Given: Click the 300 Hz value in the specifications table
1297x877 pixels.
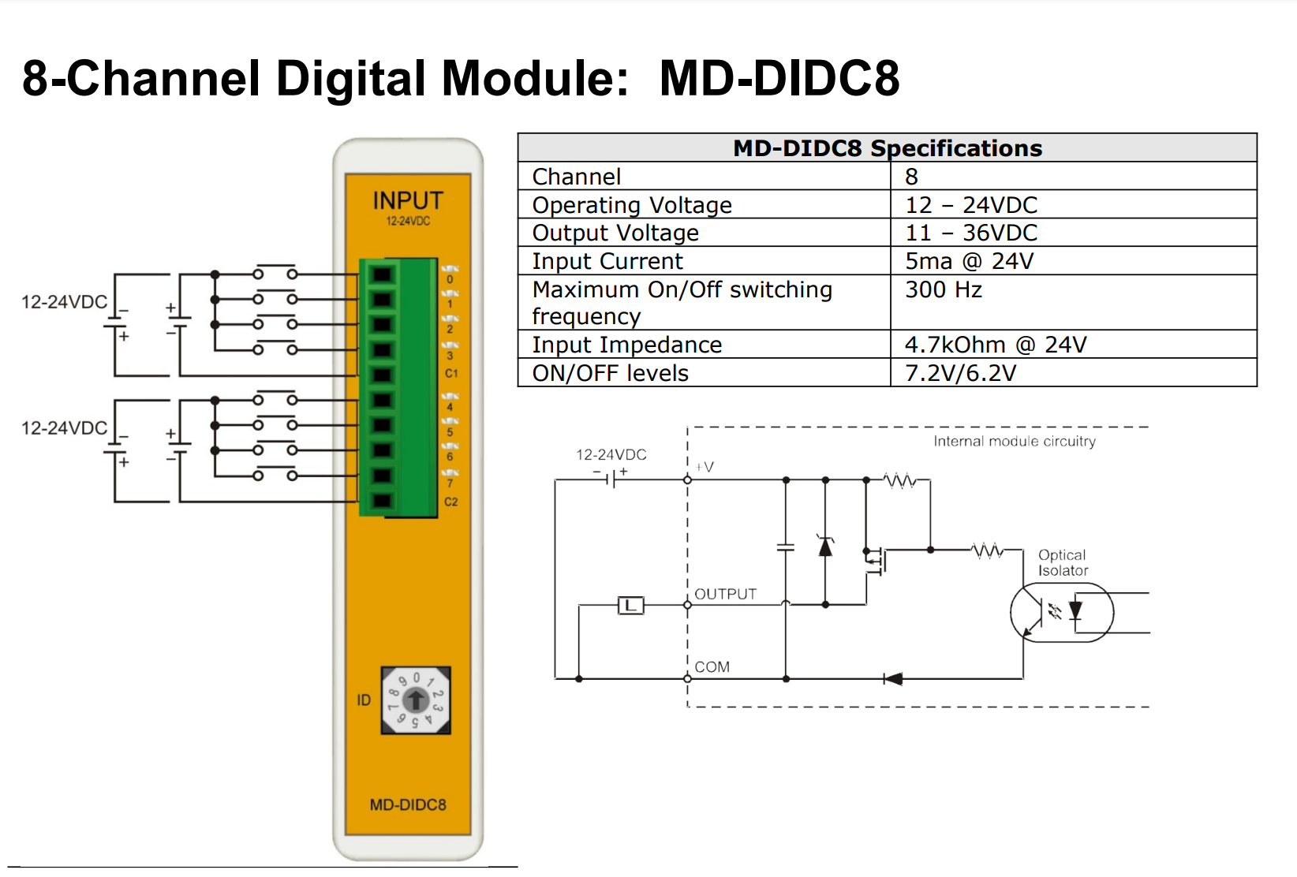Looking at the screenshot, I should (x=944, y=290).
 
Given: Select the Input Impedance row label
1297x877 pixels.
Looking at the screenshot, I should (x=627, y=345).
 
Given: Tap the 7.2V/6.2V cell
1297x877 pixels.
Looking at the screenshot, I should (x=960, y=373).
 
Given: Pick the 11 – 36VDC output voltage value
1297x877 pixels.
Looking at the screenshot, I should (x=971, y=233).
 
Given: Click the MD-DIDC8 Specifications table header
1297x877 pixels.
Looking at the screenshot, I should (x=887, y=148).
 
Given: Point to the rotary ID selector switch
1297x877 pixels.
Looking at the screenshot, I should (x=416, y=700).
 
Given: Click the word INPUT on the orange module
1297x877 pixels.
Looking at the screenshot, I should (x=408, y=200).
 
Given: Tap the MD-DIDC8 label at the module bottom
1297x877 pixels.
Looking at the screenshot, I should (x=408, y=804).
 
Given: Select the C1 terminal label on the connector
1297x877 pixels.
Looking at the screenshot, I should (x=451, y=373).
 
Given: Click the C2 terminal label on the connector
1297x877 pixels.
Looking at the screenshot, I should (x=451, y=502).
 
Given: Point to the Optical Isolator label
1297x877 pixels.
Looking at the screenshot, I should (x=1063, y=562).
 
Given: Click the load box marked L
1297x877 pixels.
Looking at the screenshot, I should (x=630, y=606).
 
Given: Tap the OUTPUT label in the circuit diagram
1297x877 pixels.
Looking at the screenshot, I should (x=725, y=594).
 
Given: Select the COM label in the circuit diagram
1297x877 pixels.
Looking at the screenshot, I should (x=712, y=666).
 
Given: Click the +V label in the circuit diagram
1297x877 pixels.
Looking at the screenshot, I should (x=705, y=467).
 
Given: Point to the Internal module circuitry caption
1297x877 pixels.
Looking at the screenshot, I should (x=1015, y=441).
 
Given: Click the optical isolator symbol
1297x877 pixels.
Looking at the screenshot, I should (x=1062, y=612).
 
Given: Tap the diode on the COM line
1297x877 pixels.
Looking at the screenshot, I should (x=893, y=678).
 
